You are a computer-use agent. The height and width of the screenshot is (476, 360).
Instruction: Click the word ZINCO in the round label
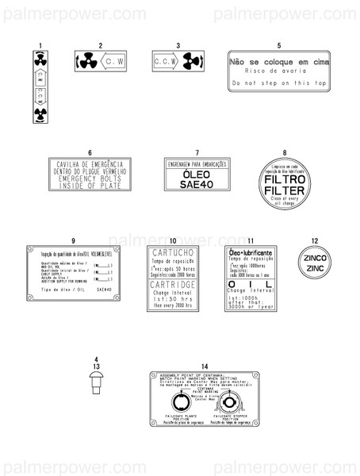315,256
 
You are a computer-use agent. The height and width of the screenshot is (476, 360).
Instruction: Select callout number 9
73,240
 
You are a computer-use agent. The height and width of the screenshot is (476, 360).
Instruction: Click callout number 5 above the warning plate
278,45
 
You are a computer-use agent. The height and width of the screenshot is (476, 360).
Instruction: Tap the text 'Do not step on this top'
278,83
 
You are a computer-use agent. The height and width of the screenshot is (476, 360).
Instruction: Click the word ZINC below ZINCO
315,268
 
